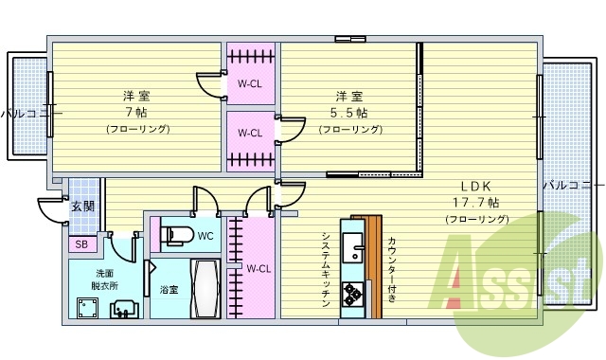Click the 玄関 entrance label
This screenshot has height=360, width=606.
tap(82, 206)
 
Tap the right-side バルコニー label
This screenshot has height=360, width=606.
tap(573, 185)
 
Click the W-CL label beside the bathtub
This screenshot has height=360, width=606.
tap(258, 268)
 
